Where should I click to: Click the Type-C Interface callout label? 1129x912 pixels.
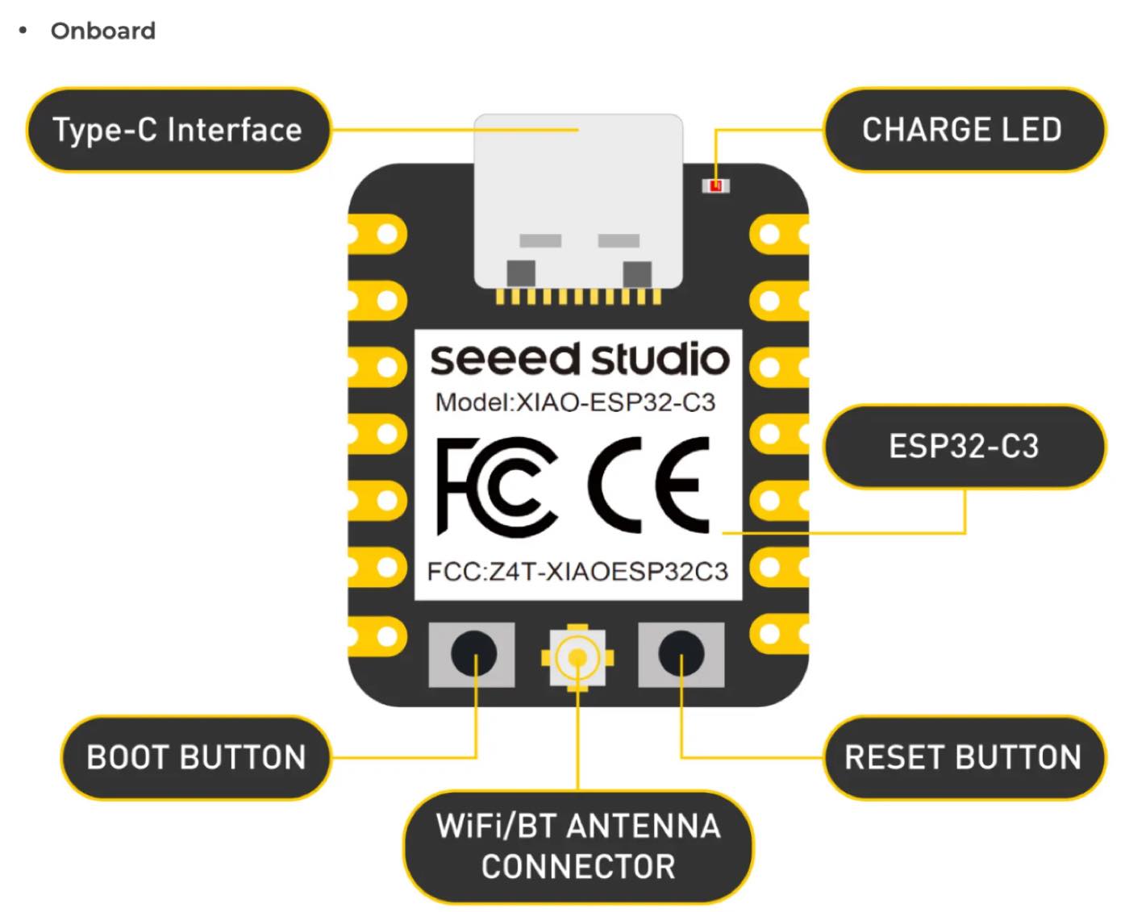(177, 129)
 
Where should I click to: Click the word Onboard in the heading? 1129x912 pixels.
(102, 31)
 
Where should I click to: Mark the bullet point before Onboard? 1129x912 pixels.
(23, 30)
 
